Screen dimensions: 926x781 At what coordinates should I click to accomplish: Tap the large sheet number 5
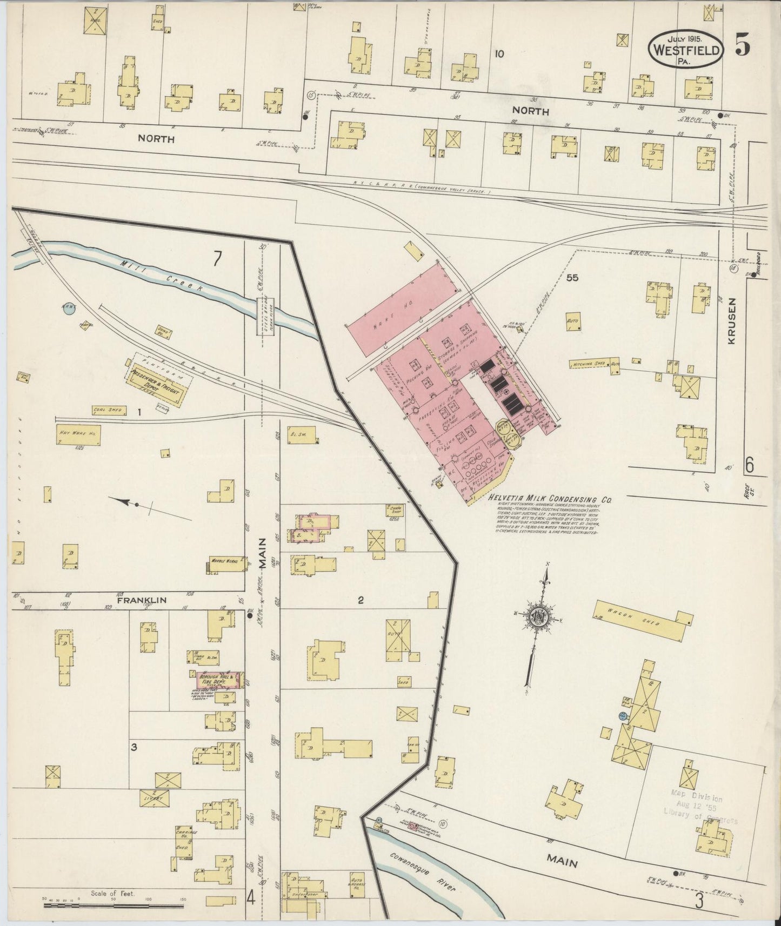coord(742,47)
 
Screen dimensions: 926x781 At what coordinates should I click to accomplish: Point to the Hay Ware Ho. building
coord(79,435)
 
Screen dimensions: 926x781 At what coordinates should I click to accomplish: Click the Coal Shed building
coord(110,411)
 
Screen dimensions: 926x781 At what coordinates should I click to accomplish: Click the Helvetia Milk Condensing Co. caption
coord(549,500)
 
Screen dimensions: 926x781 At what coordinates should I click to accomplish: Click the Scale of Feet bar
coord(114,904)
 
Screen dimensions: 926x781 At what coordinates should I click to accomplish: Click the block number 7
coord(217,259)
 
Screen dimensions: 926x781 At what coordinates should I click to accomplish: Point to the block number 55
coord(572,278)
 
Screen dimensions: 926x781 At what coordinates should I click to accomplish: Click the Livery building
coord(154,797)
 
